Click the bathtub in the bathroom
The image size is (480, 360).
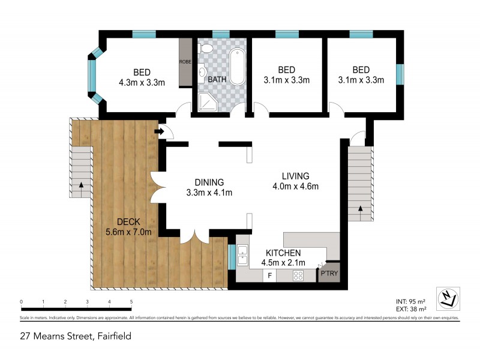pos(236,67)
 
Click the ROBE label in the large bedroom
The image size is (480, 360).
pos(185,62)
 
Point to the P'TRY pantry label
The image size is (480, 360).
pos(329,274)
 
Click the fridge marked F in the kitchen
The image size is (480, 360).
pos(270,275)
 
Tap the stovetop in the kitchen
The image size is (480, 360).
pos(298,275)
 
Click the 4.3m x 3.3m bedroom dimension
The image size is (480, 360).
pos(142,82)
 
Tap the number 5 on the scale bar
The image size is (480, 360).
pos(131,302)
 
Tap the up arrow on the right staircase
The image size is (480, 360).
pos(361,208)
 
